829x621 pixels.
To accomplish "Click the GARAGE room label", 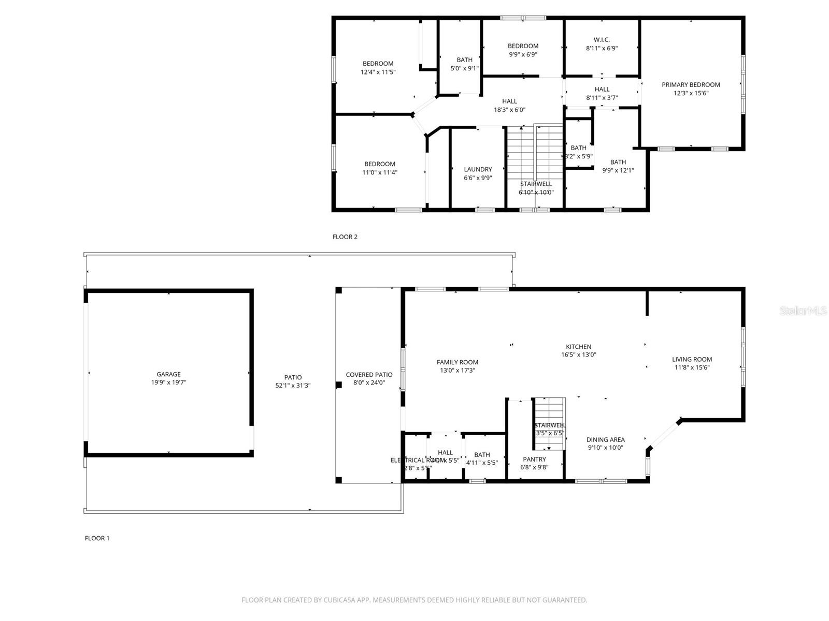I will (168, 374).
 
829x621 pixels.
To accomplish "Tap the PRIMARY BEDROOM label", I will (691, 85).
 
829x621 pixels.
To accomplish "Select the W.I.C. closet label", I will (602, 40).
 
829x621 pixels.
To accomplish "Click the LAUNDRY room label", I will (478, 169).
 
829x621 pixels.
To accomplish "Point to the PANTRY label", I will (534, 459).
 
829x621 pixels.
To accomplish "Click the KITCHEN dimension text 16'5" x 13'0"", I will (578, 355).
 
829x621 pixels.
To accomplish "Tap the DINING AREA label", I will (605, 439).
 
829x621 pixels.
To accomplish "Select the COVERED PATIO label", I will (369, 375).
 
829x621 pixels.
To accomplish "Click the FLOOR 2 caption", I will (345, 237).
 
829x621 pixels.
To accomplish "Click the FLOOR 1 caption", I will (97, 538).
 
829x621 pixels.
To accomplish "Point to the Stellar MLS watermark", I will (803, 311).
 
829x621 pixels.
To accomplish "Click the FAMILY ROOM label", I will (457, 362).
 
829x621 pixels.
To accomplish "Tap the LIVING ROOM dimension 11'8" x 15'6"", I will (692, 367).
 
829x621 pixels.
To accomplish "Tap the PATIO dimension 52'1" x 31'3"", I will (293, 386).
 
